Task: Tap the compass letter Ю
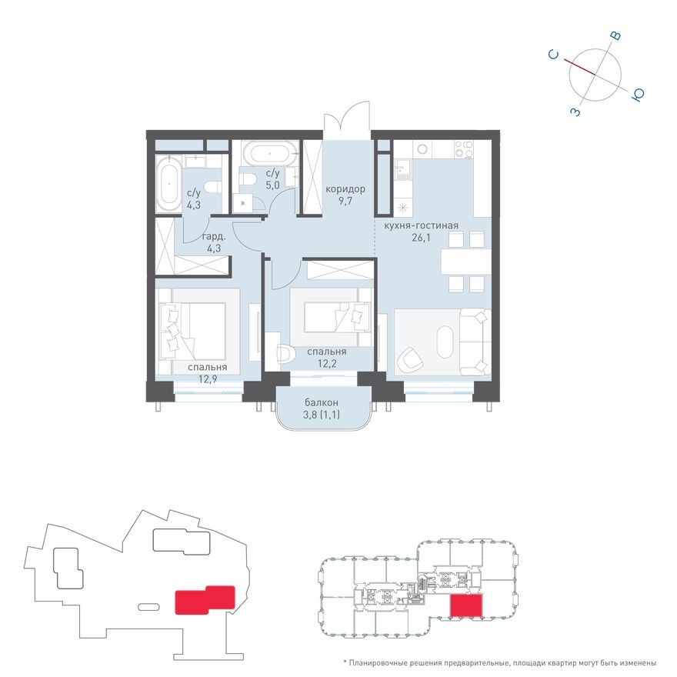point(638,95)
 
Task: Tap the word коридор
point(345,189)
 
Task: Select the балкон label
point(321,403)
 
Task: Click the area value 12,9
point(205,380)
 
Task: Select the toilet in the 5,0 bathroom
point(248,179)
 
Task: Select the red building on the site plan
point(204,600)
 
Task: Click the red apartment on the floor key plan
point(465,605)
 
